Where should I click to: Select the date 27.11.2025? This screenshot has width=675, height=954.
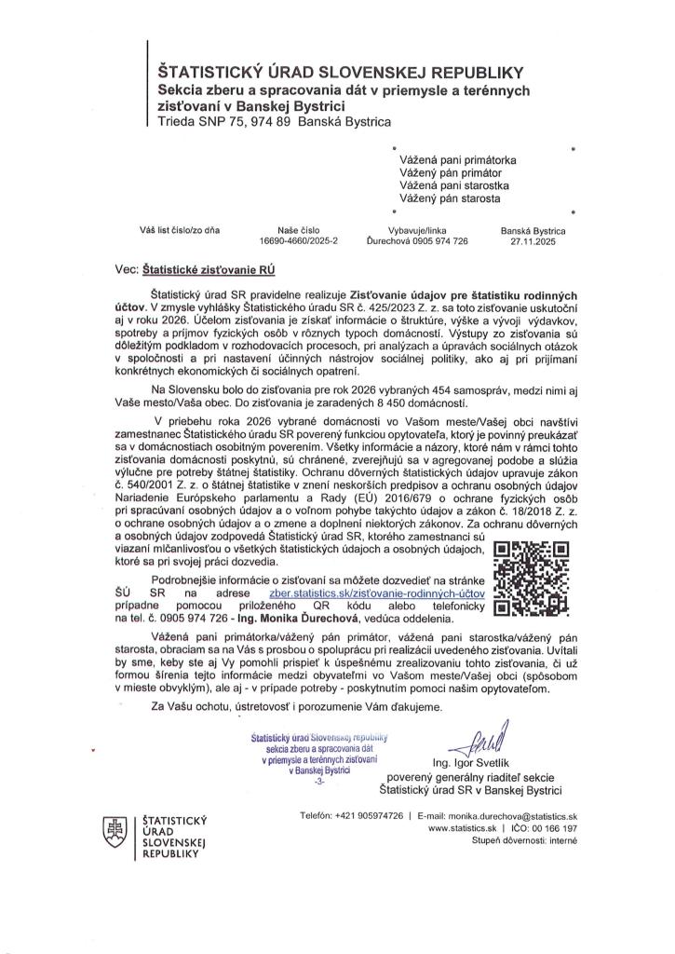pyautogui.click(x=526, y=239)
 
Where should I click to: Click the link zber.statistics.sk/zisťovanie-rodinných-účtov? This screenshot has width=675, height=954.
pyautogui.click(x=371, y=591)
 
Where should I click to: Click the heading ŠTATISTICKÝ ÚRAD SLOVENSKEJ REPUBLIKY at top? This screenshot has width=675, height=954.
pyautogui.click(x=343, y=70)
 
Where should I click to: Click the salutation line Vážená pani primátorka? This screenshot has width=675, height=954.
pyautogui.click(x=458, y=160)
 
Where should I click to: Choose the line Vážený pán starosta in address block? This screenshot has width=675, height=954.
pyautogui.click(x=451, y=198)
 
